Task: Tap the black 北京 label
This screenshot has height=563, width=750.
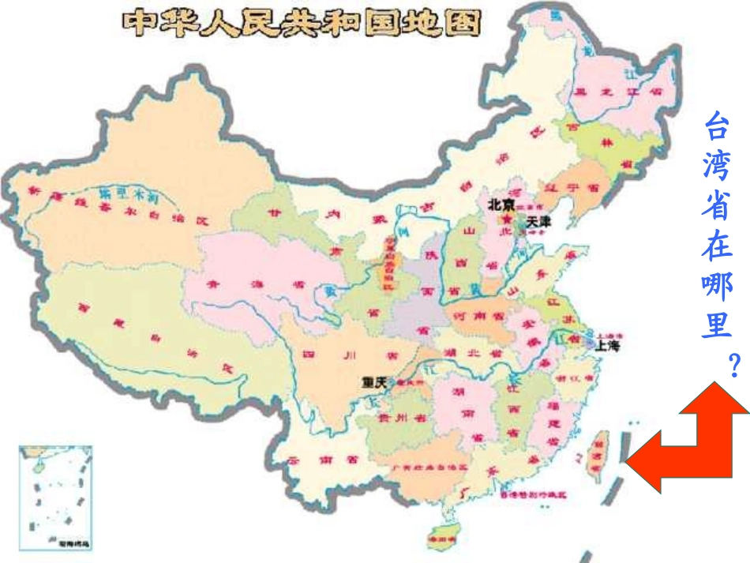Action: point(501,205)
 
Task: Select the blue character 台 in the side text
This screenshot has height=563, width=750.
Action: point(717,125)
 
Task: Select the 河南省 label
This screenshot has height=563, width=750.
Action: point(477,314)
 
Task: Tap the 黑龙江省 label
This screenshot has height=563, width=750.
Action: point(619,91)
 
